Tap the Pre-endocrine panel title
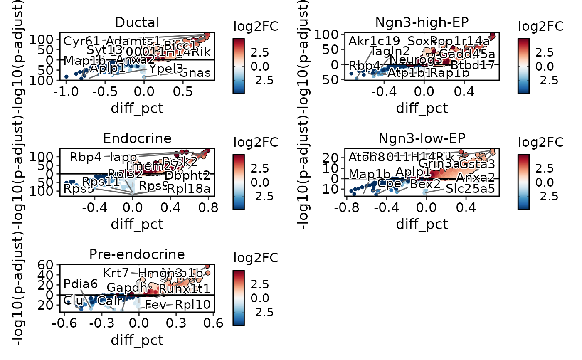point(137,254)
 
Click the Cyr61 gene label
point(81,42)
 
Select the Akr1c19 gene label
point(375,41)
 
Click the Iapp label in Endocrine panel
point(123,158)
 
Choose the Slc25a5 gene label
point(470,189)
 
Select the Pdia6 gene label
point(81,284)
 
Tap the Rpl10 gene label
point(192,305)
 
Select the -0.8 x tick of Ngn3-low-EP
point(347,207)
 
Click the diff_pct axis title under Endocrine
point(137,224)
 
